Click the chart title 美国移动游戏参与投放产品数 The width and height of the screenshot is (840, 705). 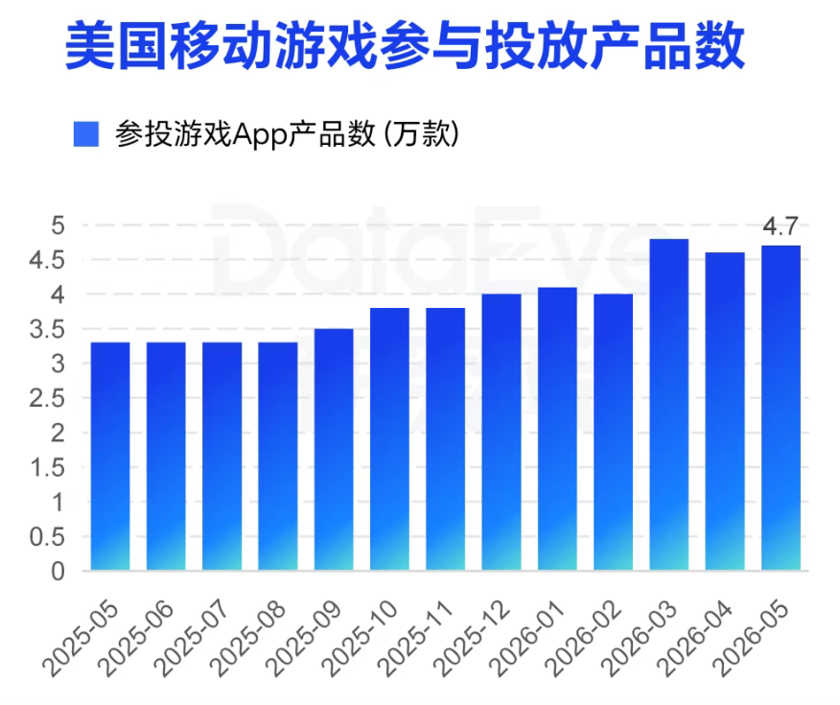coord(405,45)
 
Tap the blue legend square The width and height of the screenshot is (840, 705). coord(85,134)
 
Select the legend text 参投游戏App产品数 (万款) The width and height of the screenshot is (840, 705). coord(287,134)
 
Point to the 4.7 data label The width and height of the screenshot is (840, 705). coord(781,226)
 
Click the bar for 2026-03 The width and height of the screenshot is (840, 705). coord(669,405)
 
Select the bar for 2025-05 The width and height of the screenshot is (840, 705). coord(110,456)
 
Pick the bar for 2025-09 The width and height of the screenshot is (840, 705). coord(334,450)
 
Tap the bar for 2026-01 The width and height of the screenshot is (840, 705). coord(558,429)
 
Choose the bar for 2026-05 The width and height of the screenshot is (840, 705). coord(782,408)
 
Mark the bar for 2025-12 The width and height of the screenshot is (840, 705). coord(502,432)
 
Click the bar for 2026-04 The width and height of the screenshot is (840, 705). coord(725,411)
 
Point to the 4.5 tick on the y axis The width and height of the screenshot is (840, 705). coord(47,260)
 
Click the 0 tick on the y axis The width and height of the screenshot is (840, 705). coord(58,572)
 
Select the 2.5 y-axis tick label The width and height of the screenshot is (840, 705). coord(47,399)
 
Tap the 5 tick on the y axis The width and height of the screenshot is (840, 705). coord(58,225)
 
